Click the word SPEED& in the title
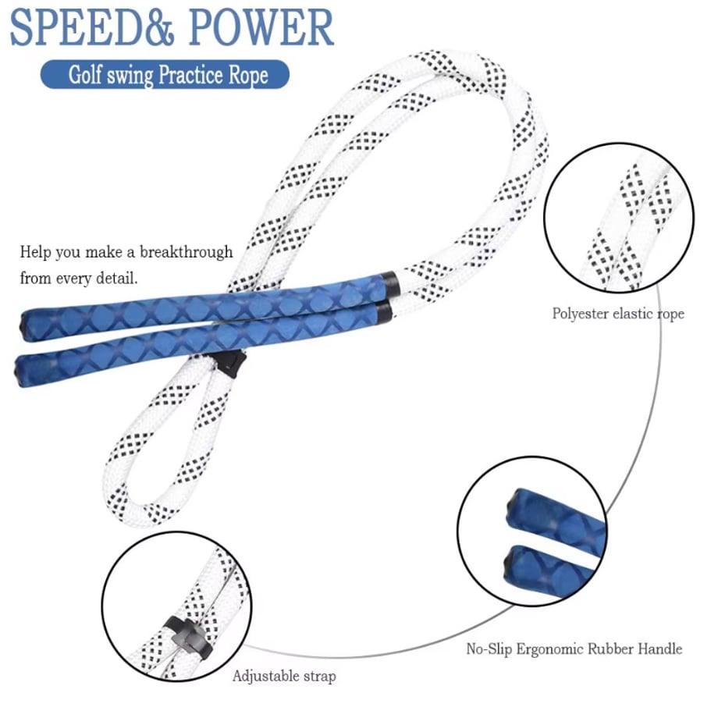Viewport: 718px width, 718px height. pyautogui.click(x=92, y=27)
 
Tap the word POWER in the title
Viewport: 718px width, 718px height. pyautogui.click(x=261, y=27)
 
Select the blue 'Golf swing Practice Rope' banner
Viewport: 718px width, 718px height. pyautogui.click(x=165, y=74)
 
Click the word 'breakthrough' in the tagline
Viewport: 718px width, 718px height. pyautogui.click(x=187, y=252)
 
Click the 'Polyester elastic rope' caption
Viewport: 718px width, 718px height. pyautogui.click(x=618, y=314)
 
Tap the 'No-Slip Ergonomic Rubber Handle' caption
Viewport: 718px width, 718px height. pyautogui.click(x=574, y=649)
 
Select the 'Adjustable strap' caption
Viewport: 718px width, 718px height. pyautogui.click(x=284, y=677)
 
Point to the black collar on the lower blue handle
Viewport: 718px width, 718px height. pyautogui.click(x=383, y=312)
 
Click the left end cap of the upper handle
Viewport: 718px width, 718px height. pyautogui.click(x=24, y=325)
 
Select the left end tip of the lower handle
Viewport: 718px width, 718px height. pyautogui.click(x=18, y=370)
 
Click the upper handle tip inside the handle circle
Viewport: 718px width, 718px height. pyautogui.click(x=513, y=508)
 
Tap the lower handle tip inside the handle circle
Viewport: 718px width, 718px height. pyautogui.click(x=509, y=564)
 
